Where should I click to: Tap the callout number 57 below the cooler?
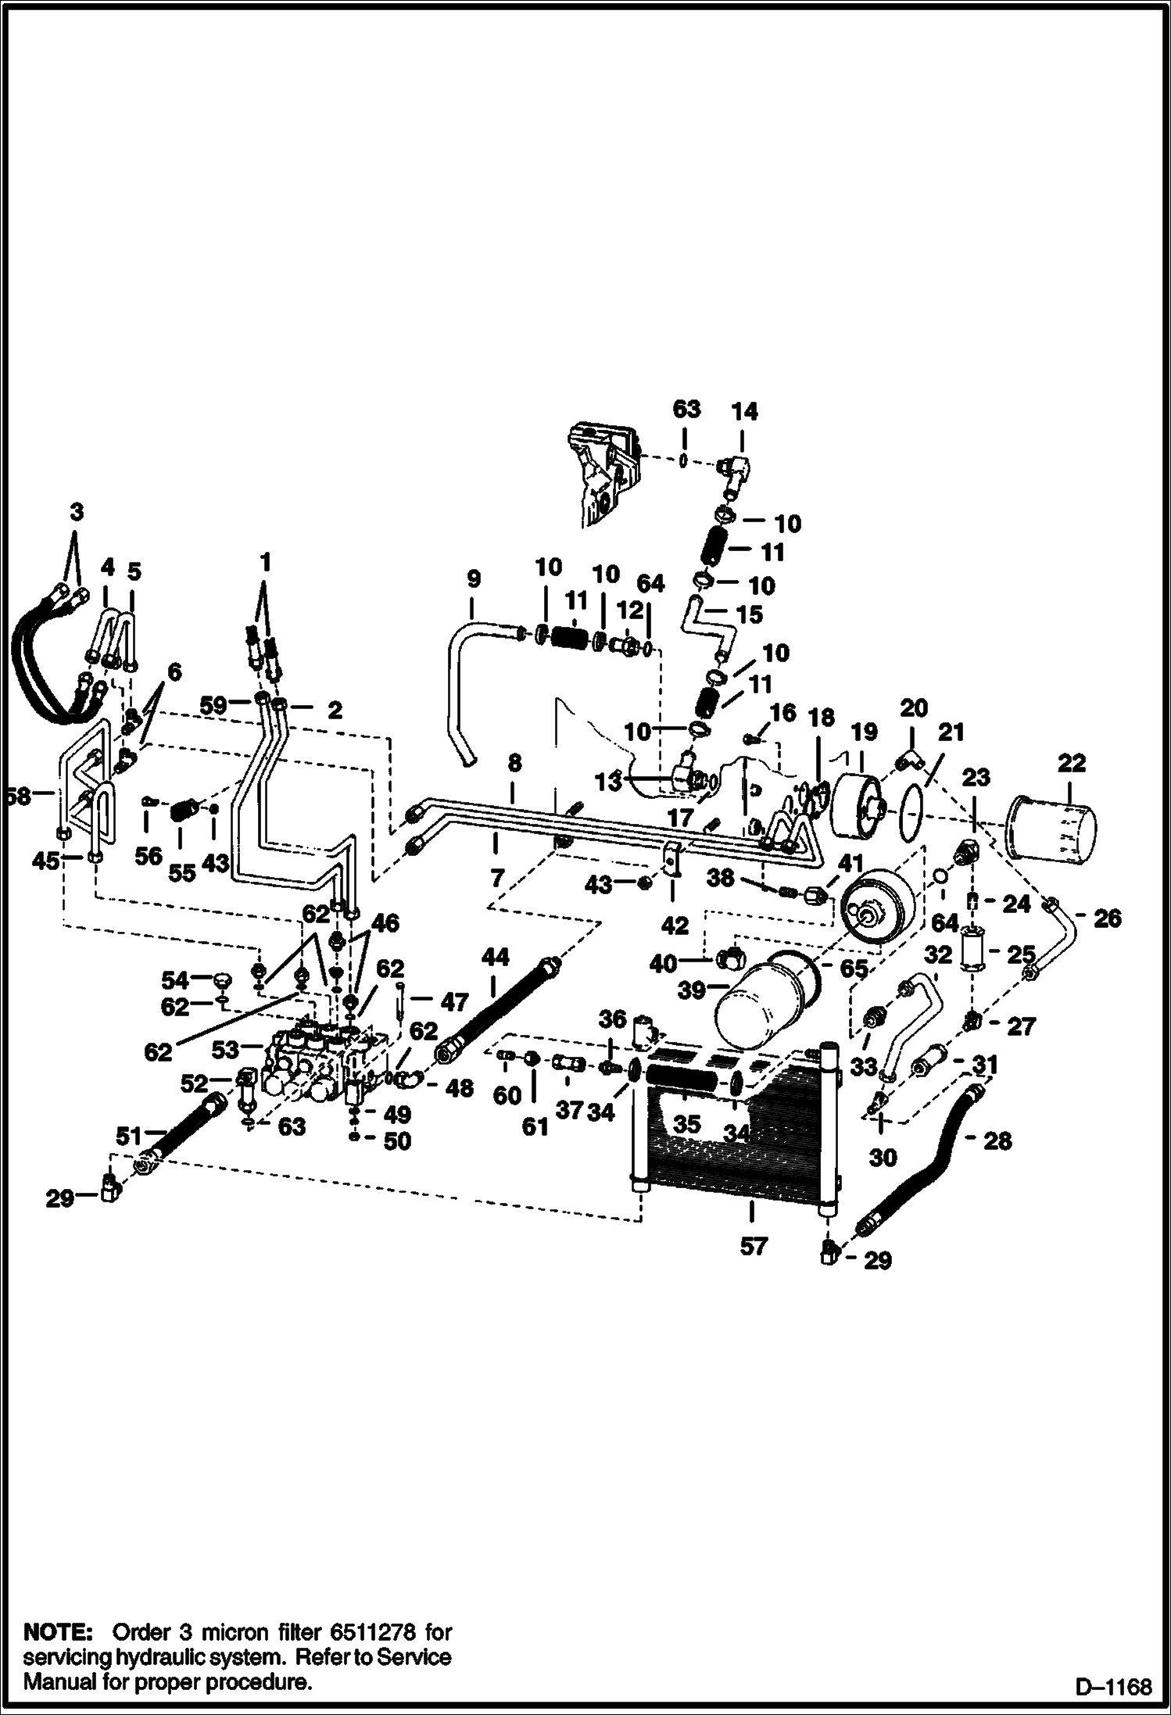click(753, 1246)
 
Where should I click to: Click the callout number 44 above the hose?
click(495, 958)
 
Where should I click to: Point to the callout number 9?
click(473, 579)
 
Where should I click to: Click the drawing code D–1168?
click(1113, 1687)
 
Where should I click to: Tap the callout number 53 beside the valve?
click(225, 1050)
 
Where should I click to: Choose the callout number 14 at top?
click(744, 411)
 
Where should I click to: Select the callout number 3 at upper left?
click(76, 513)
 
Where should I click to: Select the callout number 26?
click(1107, 918)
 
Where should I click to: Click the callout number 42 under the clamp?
click(674, 926)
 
